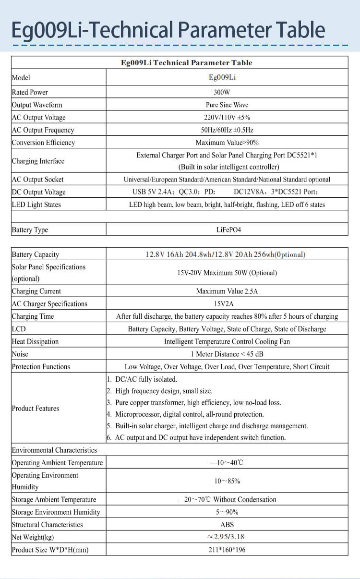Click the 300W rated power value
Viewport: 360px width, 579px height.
[227, 92]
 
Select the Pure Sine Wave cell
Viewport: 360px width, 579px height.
[227, 105]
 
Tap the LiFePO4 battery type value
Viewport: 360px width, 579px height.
[227, 229]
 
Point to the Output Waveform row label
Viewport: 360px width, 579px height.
[37, 105]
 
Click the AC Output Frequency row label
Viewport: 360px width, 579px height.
[43, 130]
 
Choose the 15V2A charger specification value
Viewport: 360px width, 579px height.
[227, 304]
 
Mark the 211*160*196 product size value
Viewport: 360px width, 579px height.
[227, 550]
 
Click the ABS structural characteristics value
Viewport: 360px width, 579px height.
[227, 525]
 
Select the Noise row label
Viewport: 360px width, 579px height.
[20, 354]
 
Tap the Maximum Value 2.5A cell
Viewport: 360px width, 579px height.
[227, 291]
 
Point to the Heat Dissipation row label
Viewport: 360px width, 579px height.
[35, 342]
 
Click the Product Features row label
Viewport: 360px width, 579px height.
[36, 409]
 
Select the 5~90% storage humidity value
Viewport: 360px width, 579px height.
[227, 512]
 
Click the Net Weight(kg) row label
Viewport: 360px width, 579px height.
[33, 537]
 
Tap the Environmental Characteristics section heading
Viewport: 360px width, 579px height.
[54, 450]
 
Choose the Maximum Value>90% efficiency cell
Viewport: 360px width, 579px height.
[227, 143]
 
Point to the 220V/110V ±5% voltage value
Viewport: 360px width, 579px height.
[227, 118]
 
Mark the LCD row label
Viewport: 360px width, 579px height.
[19, 329]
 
